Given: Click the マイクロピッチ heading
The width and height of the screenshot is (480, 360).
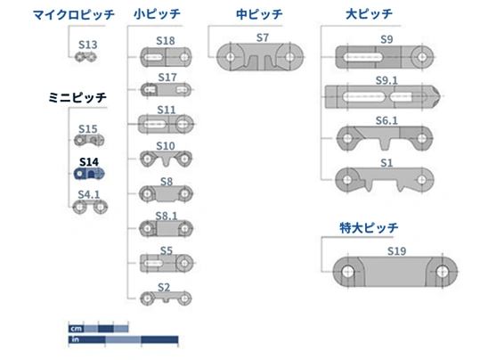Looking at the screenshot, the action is tap(74, 15).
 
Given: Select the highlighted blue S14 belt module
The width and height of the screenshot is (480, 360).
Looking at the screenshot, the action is tap(89, 174).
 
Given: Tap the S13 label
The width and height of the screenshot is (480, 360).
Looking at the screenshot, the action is tap(88, 45).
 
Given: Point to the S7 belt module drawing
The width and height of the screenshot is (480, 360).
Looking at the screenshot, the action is tap(260, 57).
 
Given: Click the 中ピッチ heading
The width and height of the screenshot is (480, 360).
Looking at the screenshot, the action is tap(259, 14).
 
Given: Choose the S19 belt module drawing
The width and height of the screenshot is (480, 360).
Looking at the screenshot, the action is tap(395, 272).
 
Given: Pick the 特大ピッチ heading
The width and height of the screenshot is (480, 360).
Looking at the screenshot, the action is tap(369, 228).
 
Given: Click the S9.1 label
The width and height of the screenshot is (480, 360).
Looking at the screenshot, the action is tap(386, 80).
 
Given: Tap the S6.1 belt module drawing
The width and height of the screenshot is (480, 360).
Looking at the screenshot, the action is tap(385, 138).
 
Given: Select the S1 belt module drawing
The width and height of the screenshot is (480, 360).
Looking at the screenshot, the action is tap(385, 179).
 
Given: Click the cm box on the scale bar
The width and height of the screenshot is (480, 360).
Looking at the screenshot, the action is tap(77, 329).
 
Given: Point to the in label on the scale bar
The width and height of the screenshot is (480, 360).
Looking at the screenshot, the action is tap(75, 340).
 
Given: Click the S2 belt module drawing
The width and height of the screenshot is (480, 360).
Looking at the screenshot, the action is tap(166, 299).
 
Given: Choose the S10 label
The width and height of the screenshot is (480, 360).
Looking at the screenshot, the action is tap(166, 146).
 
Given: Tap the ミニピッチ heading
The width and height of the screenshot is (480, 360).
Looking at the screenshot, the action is tap(77, 98).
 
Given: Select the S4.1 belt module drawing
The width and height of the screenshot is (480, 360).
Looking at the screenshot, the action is tap(90, 207).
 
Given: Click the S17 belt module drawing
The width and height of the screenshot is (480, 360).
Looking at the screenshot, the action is tap(167, 90).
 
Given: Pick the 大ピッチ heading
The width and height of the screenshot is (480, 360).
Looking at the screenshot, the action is tap(369, 14).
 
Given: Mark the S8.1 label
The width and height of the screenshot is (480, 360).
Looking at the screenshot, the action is tap(167, 216).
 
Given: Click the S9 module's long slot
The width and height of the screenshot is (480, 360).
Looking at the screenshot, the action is tap(363, 57).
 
